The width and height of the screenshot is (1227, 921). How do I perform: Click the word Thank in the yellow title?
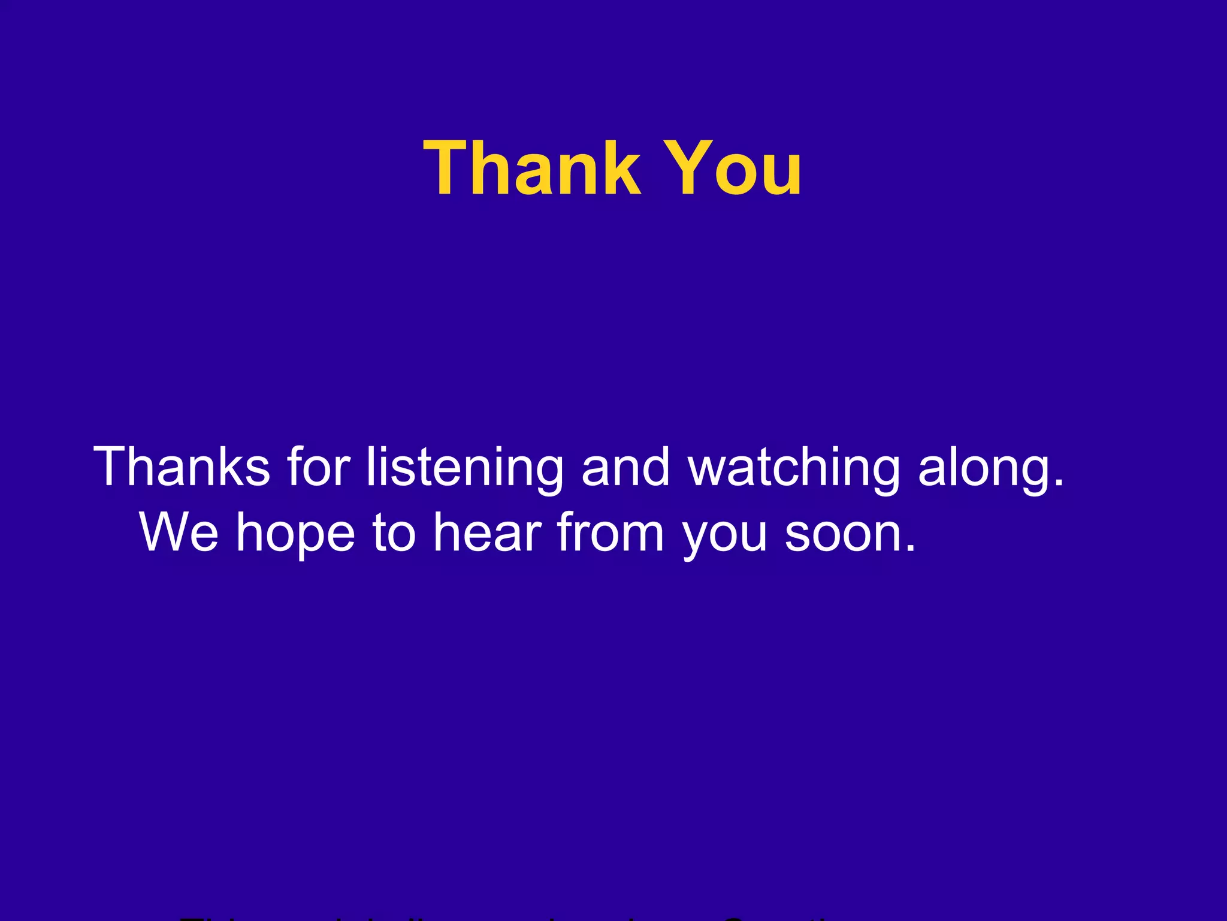pos(532,168)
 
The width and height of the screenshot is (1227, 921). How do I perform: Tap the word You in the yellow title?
pos(734,168)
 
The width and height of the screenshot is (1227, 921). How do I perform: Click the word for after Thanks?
pos(318,466)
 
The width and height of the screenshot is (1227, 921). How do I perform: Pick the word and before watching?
pos(625,466)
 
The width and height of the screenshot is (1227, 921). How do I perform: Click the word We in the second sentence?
pos(179,532)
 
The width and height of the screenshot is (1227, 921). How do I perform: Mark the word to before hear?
pos(394,532)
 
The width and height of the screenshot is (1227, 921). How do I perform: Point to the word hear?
pos(487,532)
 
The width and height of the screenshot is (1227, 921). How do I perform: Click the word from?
pos(611,532)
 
